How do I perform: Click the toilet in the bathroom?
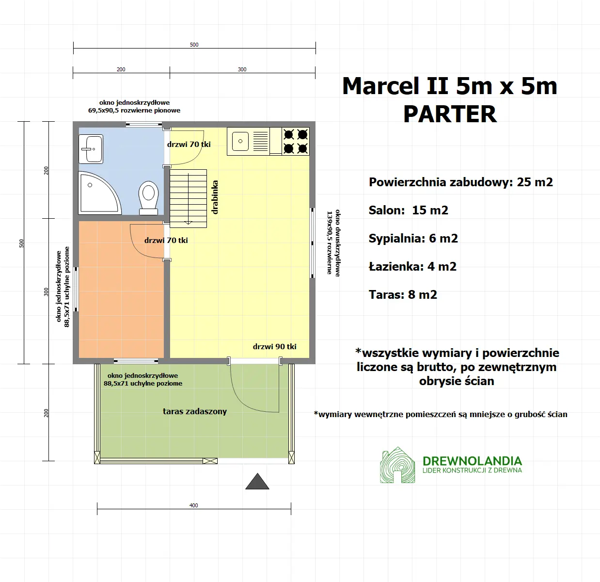tap(148, 196)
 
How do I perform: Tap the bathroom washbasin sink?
tap(91, 149)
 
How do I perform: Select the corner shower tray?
tap(98, 193)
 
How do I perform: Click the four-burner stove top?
tap(296, 141)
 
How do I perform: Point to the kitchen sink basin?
tap(240, 142)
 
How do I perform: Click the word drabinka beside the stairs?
tap(215, 197)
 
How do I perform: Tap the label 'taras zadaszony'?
tap(195, 411)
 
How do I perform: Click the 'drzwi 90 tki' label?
tap(274, 346)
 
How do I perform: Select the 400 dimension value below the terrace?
tap(194, 505)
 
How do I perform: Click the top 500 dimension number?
tap(194, 45)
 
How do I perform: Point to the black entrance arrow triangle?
tap(257, 482)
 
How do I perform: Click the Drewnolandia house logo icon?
tap(397, 466)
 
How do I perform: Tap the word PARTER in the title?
tap(450, 114)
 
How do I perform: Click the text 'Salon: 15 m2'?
tap(408, 210)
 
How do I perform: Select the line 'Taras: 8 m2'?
tap(403, 294)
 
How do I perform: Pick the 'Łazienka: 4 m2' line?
tap(412, 266)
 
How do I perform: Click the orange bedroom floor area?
tap(121, 301)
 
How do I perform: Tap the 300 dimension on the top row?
tap(242, 69)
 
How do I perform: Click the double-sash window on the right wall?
tap(313, 243)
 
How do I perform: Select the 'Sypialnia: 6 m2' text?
tap(413, 238)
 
